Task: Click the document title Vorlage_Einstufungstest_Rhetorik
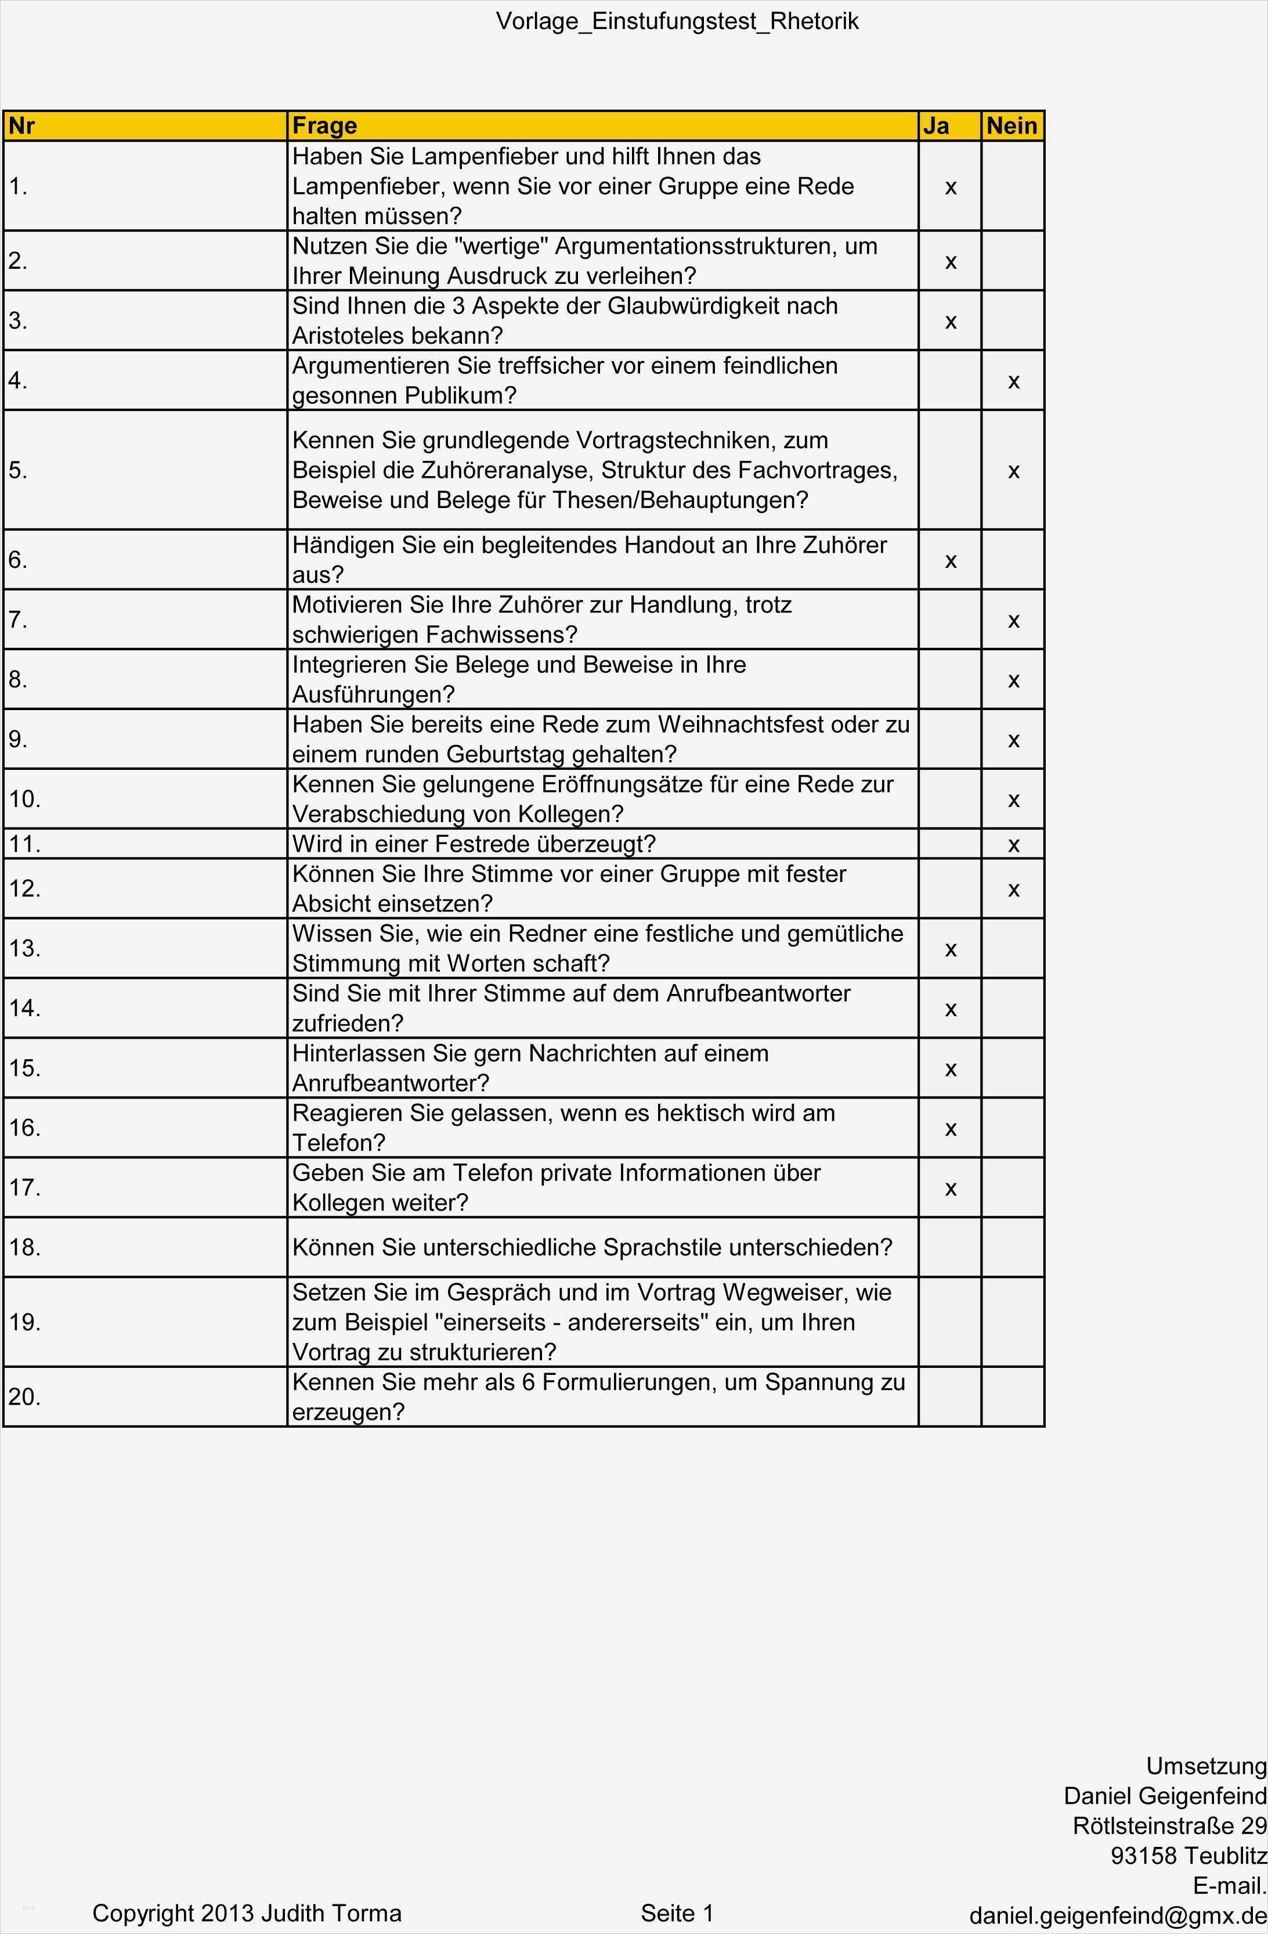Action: pos(677,21)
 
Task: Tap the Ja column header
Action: pos(936,126)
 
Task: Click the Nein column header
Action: pos(1011,126)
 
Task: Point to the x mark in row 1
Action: pos(951,188)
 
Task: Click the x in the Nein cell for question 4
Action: pos(1013,381)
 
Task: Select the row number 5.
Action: pos(18,470)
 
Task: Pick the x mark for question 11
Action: pos(1013,845)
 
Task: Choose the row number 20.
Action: pos(24,1397)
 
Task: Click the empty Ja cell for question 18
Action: pos(949,1247)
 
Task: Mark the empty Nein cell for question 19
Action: pos(1012,1322)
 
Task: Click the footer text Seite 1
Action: pos(677,1914)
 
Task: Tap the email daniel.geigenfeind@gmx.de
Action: pos(1118,1916)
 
